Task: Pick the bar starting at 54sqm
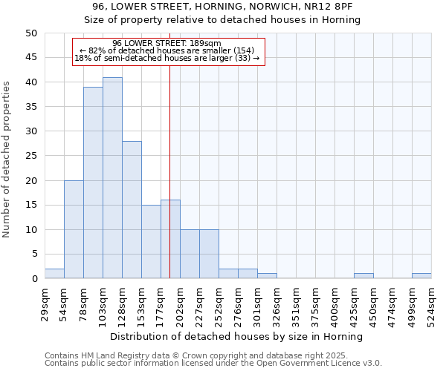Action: tap(74, 229)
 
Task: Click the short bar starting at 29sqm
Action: tap(54, 274)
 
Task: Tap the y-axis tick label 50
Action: tap(30, 33)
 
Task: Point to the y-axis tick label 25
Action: tap(30, 156)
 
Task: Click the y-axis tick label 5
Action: tap(33, 255)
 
